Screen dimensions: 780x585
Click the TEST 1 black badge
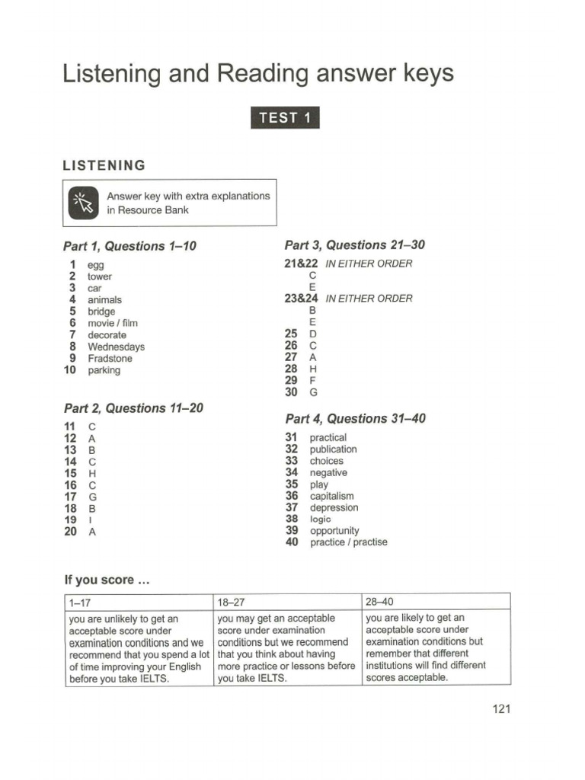285,118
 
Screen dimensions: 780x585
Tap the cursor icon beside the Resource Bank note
83,203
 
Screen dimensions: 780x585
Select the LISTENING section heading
104,165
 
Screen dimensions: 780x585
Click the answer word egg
96,265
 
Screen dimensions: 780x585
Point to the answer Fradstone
110,359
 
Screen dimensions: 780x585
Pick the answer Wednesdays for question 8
116,347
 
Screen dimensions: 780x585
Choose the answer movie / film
113,324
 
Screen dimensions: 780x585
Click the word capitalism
331,496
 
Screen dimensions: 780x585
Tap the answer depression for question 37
334,507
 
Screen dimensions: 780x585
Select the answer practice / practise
348,542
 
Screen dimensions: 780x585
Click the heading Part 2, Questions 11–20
133,408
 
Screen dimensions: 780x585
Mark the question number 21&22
301,264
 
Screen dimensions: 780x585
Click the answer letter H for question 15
92,474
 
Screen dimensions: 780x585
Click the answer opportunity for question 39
334,531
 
